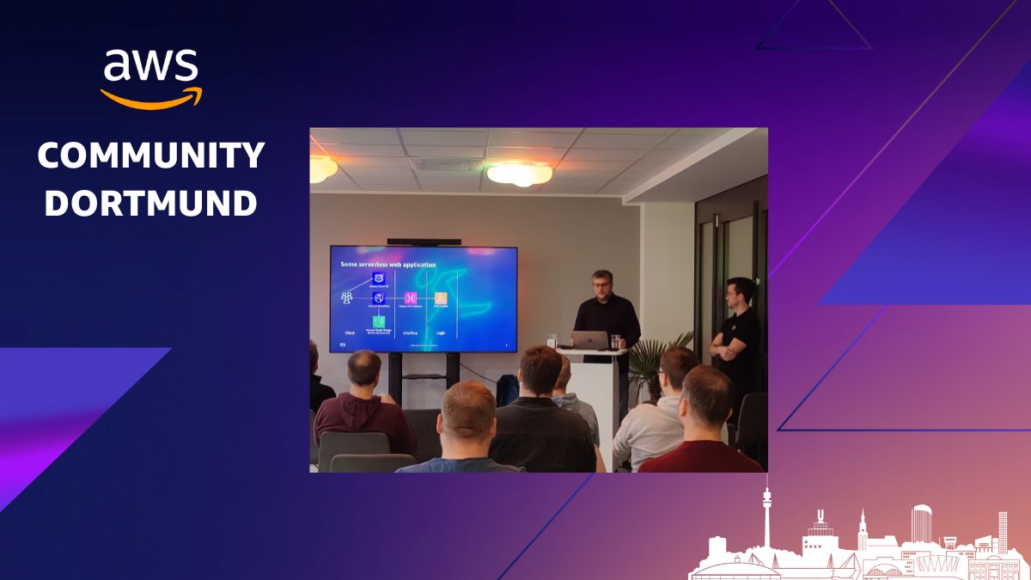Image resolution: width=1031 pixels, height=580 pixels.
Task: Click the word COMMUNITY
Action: tap(151, 156)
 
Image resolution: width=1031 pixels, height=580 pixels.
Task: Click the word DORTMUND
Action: tap(151, 203)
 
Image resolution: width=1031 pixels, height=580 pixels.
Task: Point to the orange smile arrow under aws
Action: tap(152, 97)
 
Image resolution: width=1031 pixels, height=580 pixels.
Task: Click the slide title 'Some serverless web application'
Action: tap(388, 264)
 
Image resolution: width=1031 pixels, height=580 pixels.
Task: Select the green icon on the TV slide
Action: tap(378, 321)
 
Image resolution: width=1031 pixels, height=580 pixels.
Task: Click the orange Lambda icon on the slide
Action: tap(440, 298)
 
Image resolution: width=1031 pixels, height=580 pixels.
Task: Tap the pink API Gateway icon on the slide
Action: tap(410, 298)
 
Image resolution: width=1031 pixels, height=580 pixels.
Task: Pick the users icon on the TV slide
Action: tap(347, 297)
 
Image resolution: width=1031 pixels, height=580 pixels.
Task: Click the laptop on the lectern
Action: tap(590, 340)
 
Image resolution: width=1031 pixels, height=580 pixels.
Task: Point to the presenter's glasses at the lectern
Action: tap(601, 282)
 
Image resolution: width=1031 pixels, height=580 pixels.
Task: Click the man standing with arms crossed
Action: tap(737, 335)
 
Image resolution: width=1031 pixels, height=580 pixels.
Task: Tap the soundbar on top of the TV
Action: tap(424, 242)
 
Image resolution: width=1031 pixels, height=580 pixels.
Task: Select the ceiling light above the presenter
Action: tap(519, 174)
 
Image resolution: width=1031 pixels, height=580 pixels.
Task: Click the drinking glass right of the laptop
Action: tap(615, 341)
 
